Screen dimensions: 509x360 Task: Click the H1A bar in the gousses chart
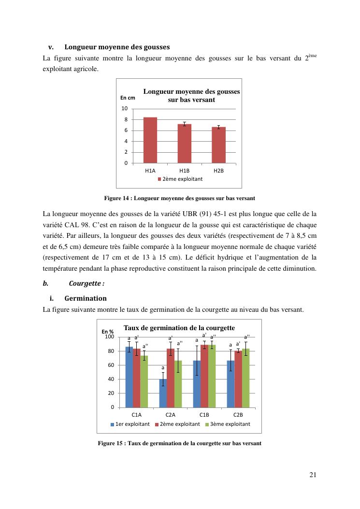point(150,140)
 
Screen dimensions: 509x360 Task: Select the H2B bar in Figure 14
point(218,145)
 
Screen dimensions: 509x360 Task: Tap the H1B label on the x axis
point(184,171)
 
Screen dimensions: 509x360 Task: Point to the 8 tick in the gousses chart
point(126,119)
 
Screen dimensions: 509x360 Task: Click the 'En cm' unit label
point(128,98)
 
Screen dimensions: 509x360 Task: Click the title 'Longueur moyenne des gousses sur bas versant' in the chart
point(191,96)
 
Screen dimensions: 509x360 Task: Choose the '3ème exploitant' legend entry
point(227,424)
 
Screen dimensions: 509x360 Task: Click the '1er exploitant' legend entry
point(130,424)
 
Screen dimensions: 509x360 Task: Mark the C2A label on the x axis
point(170,415)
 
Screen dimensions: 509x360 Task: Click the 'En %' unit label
point(107,332)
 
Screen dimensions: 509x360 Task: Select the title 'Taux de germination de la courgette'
point(179,328)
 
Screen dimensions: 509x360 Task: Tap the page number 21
point(313,475)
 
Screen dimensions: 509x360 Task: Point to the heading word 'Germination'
point(86,298)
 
